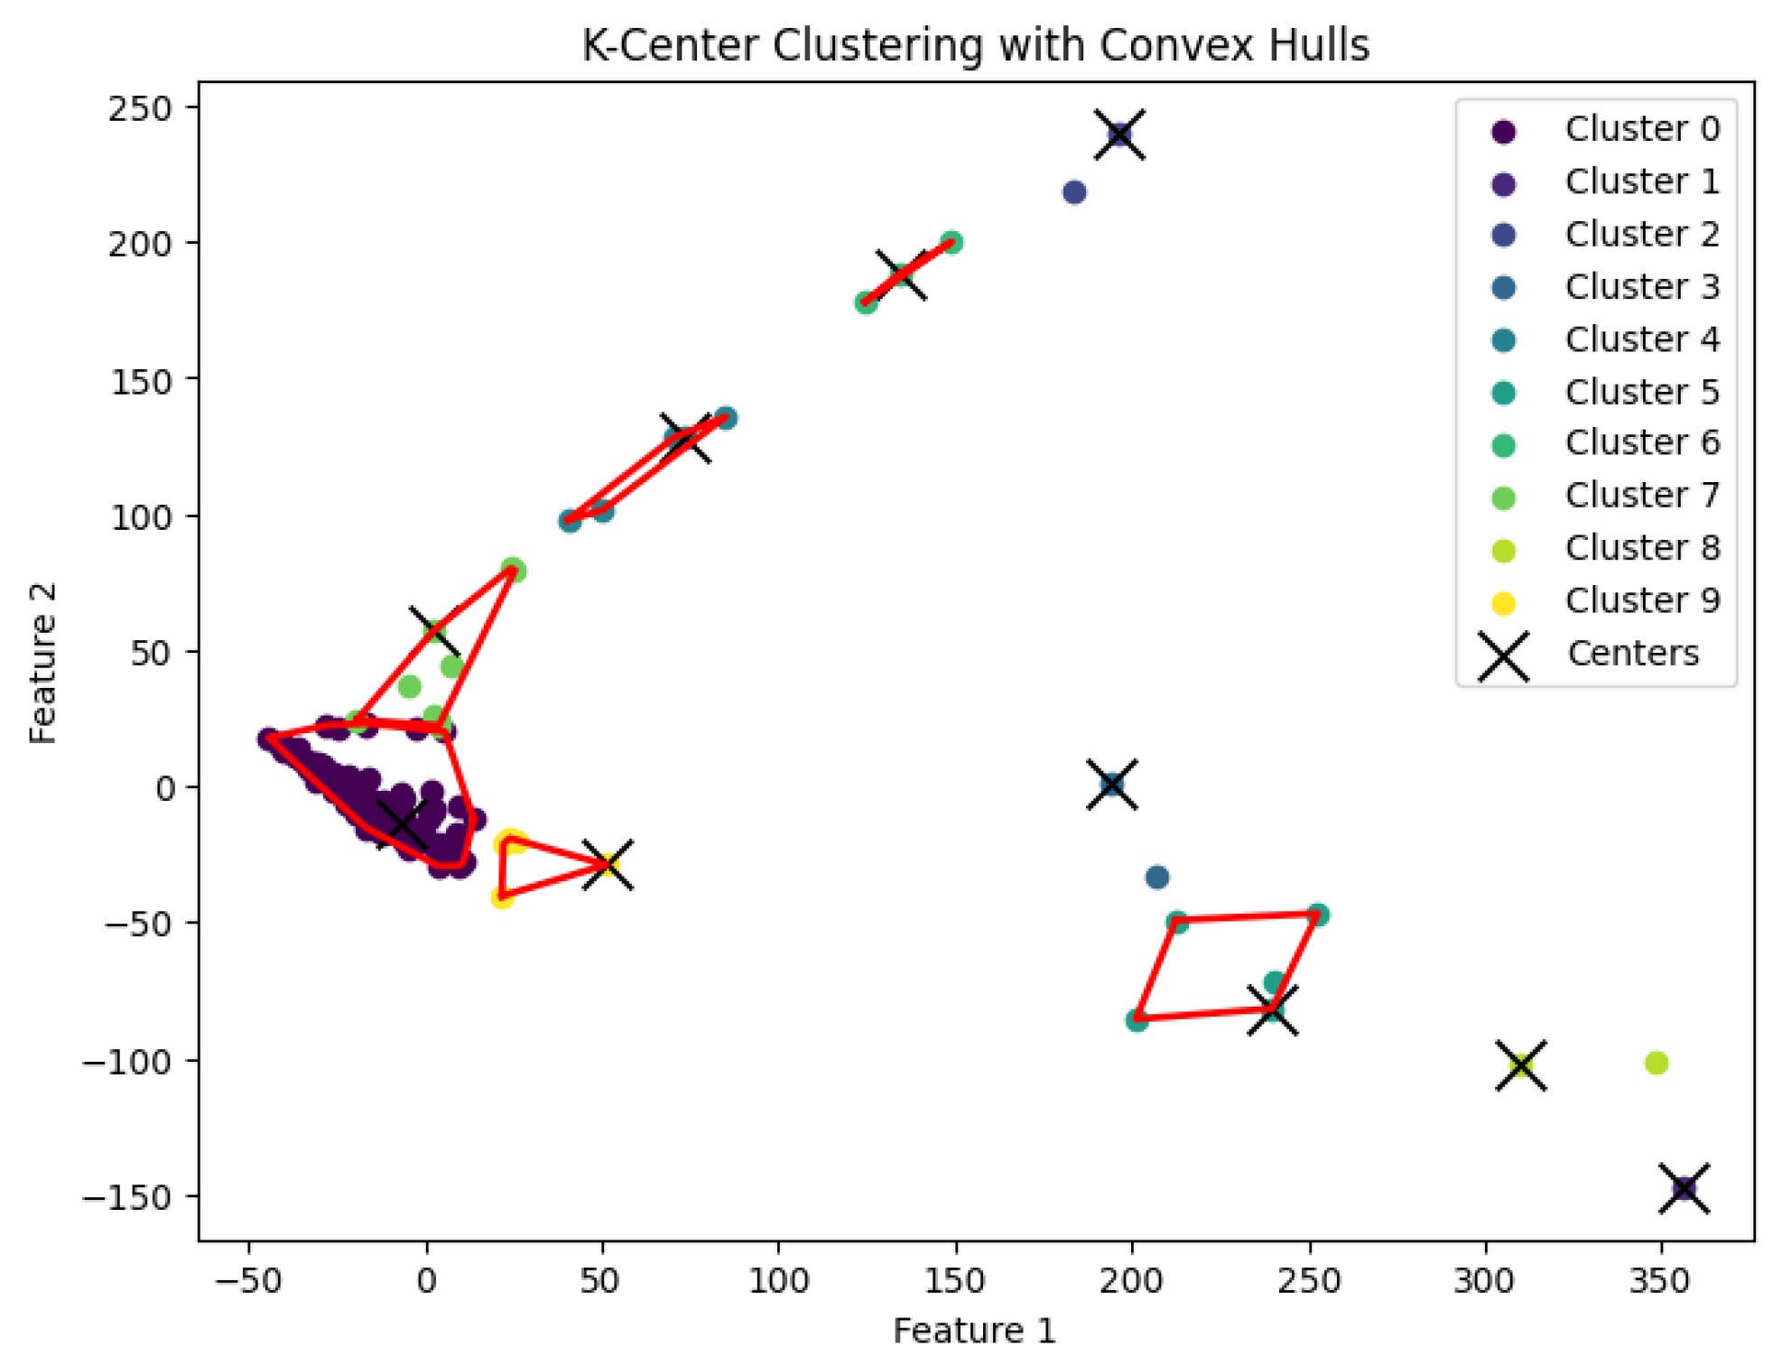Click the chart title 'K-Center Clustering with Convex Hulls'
click(x=975, y=45)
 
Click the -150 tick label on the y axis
click(x=127, y=1198)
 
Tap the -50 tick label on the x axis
click(x=248, y=1280)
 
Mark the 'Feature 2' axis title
click(x=43, y=663)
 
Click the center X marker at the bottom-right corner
click(x=1684, y=1189)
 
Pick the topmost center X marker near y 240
click(x=1120, y=135)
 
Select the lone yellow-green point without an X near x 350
click(x=1657, y=1064)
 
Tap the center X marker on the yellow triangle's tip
click(x=608, y=864)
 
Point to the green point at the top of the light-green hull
click(x=514, y=571)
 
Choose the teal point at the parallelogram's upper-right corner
click(x=1318, y=915)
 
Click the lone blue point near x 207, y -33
click(x=1157, y=877)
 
